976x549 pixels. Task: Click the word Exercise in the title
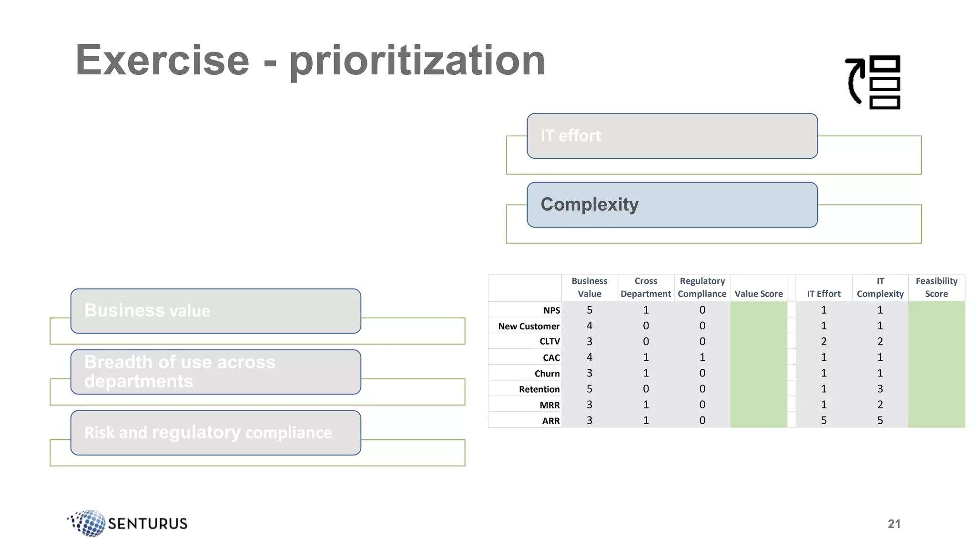pyautogui.click(x=162, y=60)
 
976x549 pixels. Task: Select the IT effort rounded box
pyautogui.click(x=672, y=136)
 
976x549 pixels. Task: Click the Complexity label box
pyautogui.click(x=672, y=205)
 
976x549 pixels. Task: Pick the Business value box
pyautogui.click(x=215, y=311)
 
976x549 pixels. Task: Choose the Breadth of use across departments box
pyautogui.click(x=215, y=372)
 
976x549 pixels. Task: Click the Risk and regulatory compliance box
pyautogui.click(x=215, y=433)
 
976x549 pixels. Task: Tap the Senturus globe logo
pyautogui.click(x=89, y=523)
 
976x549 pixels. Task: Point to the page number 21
pyautogui.click(x=894, y=524)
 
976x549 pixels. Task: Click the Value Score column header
pyautogui.click(x=759, y=294)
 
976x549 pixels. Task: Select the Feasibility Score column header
pyautogui.click(x=936, y=287)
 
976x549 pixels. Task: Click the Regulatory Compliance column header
pyautogui.click(x=702, y=287)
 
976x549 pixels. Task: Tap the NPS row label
pyautogui.click(x=551, y=310)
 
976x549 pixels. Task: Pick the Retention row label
pyautogui.click(x=539, y=389)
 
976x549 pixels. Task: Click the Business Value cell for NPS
pyautogui.click(x=590, y=310)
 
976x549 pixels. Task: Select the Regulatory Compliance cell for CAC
pyautogui.click(x=702, y=357)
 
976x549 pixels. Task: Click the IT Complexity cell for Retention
pyautogui.click(x=880, y=389)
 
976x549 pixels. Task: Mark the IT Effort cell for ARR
pyautogui.click(x=823, y=420)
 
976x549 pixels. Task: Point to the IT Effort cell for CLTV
pyautogui.click(x=823, y=341)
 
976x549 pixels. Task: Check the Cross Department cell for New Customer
pyautogui.click(x=646, y=325)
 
